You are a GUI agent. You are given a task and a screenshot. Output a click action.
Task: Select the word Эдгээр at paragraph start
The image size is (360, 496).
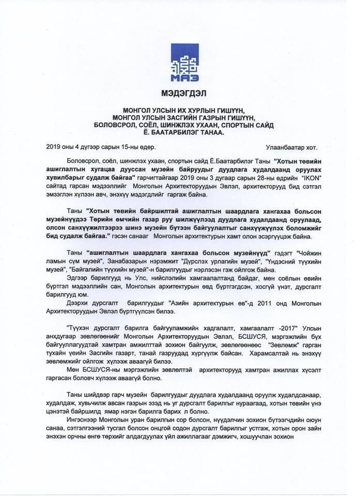[x=79, y=278]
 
